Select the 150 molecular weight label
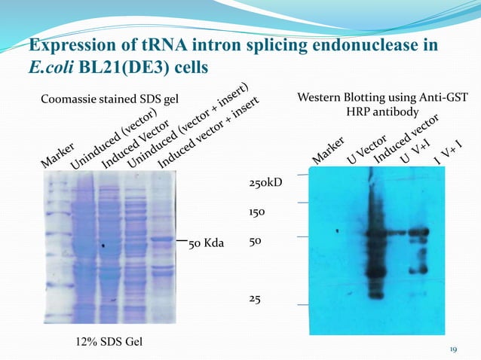coord(258,213)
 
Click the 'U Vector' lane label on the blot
coord(366,150)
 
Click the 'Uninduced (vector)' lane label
coord(113,139)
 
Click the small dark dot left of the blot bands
coord(338,230)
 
